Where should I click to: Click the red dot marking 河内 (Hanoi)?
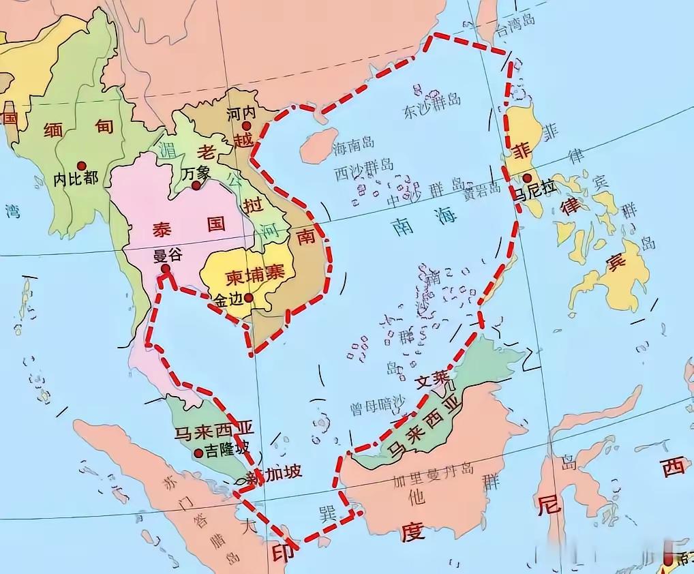tap(246, 126)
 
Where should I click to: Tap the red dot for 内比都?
tap(82, 165)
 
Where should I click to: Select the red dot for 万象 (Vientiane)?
tap(196, 185)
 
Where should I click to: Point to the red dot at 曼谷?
tap(165, 269)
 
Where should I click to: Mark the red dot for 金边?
tap(250, 297)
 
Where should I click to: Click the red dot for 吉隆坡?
tap(198, 453)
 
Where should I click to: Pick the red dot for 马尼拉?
tap(526, 179)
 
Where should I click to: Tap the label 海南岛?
tap(354, 144)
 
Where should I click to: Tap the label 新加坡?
tap(273, 474)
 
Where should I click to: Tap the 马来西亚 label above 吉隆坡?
tap(214, 431)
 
